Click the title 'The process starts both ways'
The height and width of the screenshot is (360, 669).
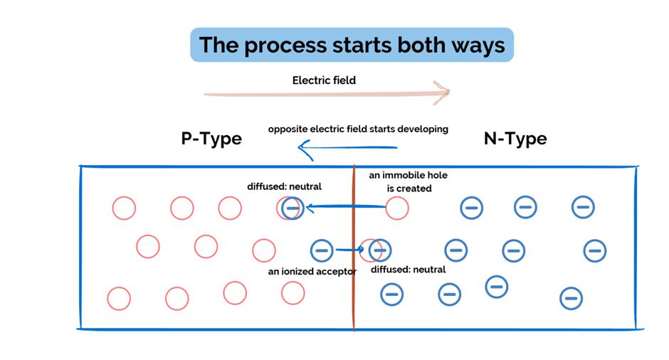tap(352, 45)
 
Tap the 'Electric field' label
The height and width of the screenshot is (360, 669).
tap(324, 80)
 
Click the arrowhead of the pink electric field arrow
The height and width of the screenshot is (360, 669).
tap(443, 92)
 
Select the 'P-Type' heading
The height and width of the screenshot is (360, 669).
tap(211, 138)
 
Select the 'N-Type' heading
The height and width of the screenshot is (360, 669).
tap(515, 138)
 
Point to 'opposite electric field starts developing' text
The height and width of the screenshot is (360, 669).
tap(358, 129)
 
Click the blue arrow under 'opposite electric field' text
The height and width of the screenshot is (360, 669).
tap(349, 149)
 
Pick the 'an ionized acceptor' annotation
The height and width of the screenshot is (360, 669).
tap(312, 271)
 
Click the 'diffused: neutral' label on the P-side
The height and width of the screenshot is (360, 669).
tap(284, 186)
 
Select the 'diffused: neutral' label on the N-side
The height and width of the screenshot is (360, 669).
tap(409, 270)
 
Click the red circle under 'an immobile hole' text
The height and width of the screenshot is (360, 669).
tap(397, 208)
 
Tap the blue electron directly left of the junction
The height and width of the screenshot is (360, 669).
tap(322, 250)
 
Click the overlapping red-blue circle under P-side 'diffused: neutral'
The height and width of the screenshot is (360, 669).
tap(290, 208)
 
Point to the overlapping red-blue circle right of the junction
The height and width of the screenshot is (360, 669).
tap(375, 250)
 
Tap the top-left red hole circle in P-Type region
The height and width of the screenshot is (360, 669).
tap(124, 208)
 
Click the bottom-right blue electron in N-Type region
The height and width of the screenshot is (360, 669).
tap(571, 298)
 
